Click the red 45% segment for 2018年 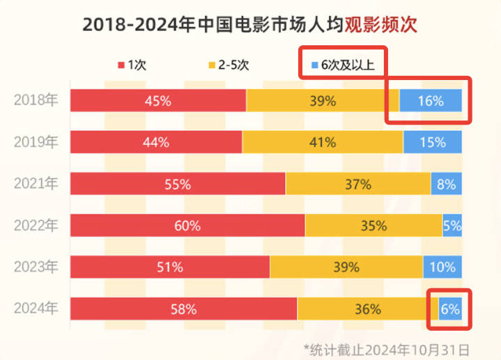[x=158, y=100]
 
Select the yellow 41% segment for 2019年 [x=323, y=142]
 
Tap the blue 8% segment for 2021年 [x=446, y=184]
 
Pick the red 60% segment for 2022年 [x=187, y=226]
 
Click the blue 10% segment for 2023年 [x=442, y=267]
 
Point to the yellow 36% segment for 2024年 [x=367, y=308]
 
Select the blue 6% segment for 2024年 [x=450, y=308]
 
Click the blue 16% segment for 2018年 [x=431, y=100]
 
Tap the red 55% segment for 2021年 [x=178, y=184]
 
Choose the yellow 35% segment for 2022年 [x=373, y=226]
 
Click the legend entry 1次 [x=132, y=65]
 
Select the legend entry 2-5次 [x=229, y=65]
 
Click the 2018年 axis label [x=36, y=100]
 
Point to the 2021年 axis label [x=36, y=184]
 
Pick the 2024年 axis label [x=36, y=308]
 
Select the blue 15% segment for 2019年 [x=433, y=142]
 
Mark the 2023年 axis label [x=36, y=267]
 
